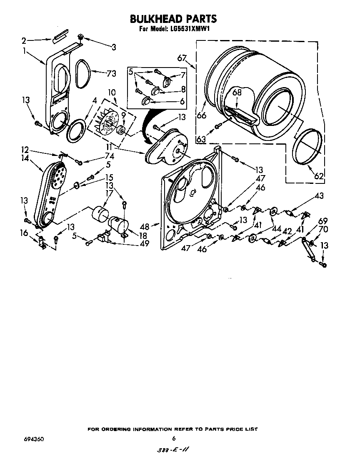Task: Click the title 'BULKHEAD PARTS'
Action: click(173, 19)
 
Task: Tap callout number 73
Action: click(111, 74)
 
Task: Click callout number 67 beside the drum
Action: click(182, 58)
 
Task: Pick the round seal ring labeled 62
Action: click(308, 148)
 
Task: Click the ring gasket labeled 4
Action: click(75, 130)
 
